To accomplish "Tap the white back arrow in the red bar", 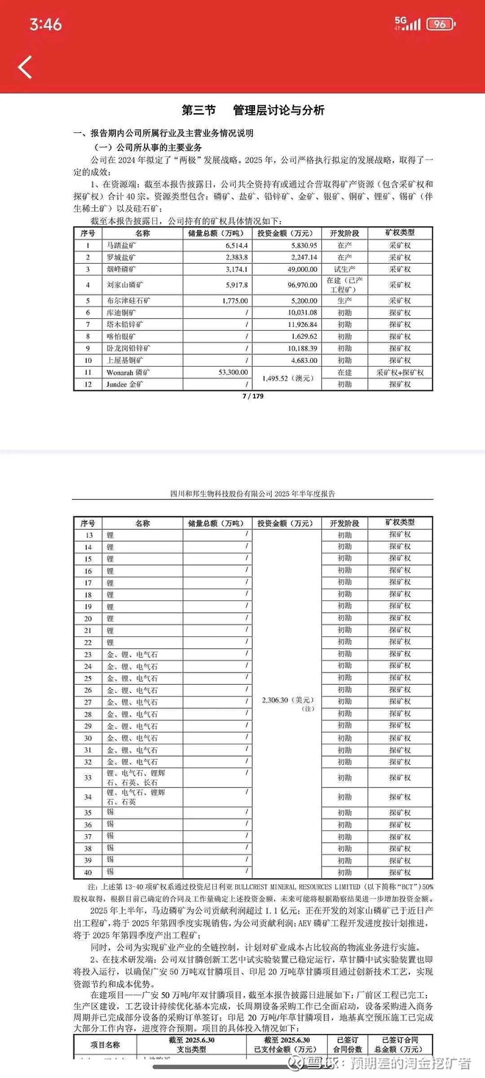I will [x=25, y=67].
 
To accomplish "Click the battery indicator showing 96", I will [x=439, y=24].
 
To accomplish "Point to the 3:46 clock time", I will [x=46, y=24].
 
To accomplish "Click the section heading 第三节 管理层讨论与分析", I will [x=253, y=110].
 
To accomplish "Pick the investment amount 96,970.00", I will [x=293, y=284].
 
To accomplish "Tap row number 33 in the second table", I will [x=87, y=777].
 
